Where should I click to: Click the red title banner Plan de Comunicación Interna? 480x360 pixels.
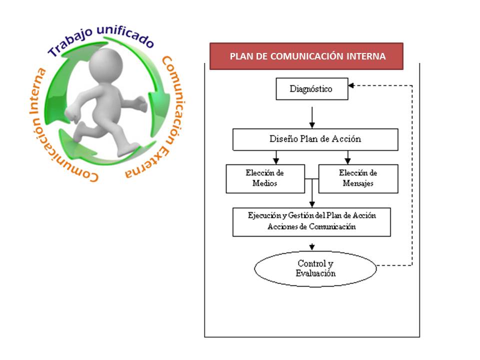306,56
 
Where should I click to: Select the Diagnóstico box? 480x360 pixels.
311,89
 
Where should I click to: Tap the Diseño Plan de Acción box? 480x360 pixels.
315,139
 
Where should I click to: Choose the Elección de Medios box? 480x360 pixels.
265,178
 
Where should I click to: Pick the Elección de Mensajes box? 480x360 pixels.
358,178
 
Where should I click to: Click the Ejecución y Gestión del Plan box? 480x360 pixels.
311,221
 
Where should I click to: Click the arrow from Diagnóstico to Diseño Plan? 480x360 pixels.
312,117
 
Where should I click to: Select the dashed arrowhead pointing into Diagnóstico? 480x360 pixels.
351,85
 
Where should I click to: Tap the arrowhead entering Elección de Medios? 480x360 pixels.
276,161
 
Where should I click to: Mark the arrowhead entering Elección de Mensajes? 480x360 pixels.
347,161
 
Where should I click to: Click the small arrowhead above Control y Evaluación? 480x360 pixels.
312,246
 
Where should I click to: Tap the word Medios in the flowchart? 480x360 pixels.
265,183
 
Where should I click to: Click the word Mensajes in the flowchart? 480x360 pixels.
358,183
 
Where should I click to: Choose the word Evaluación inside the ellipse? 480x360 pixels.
315,273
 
